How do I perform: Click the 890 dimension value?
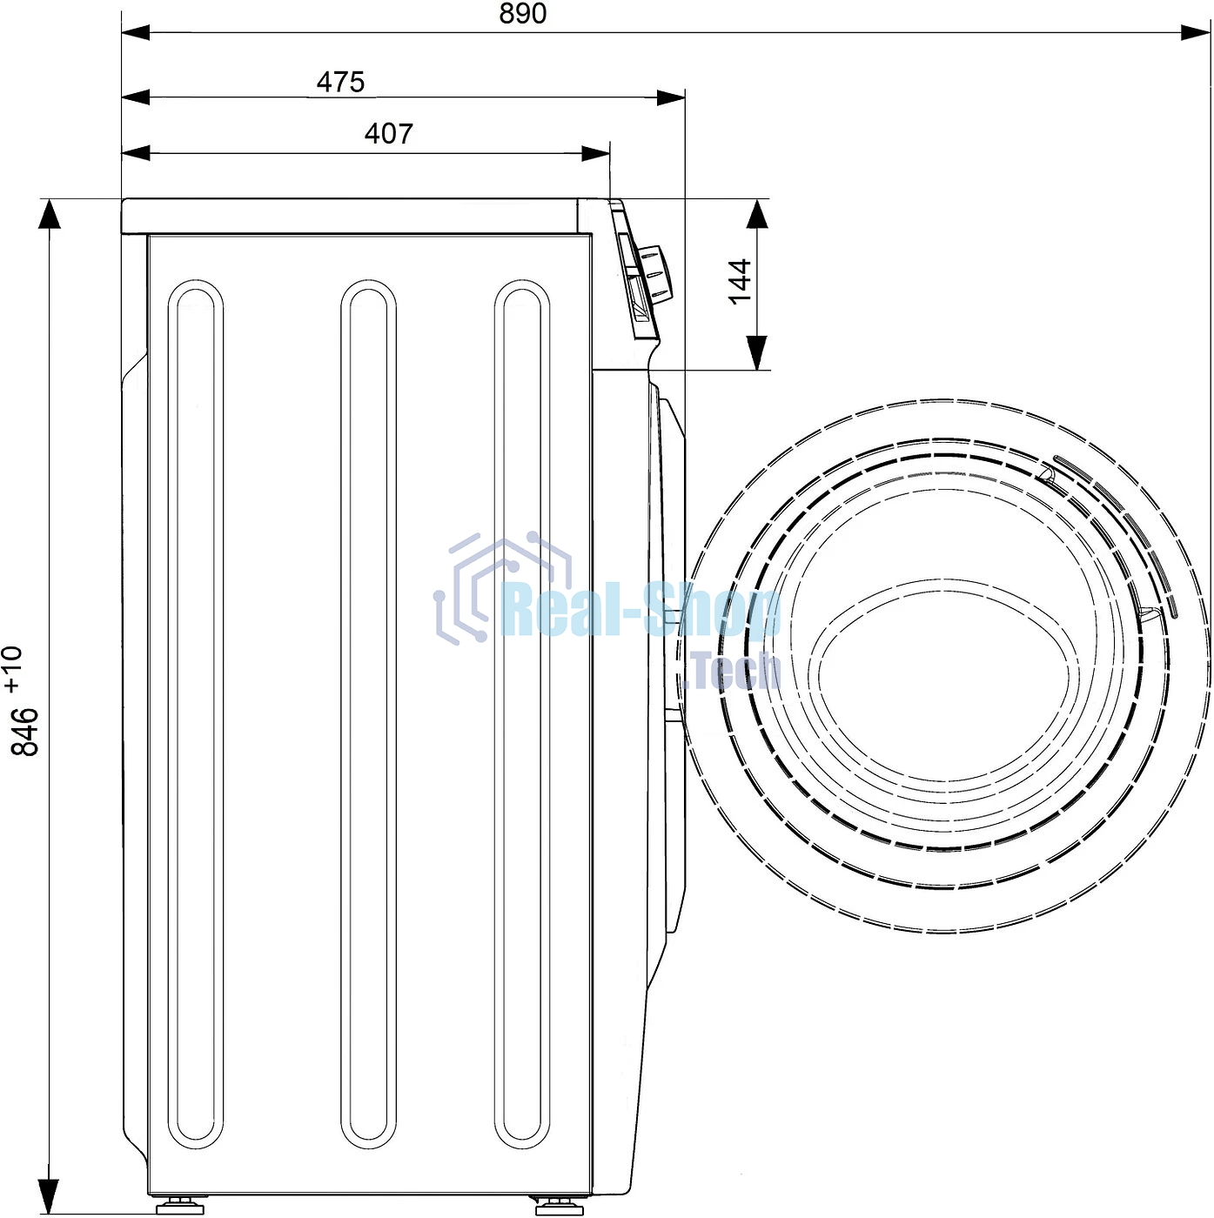522,13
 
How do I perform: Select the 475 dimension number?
341,82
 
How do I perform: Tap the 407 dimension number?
389,134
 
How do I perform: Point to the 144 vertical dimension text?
740,281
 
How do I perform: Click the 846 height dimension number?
25,732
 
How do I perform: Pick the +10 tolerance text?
13,670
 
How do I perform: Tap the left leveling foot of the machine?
180,1205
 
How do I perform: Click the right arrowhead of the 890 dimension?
1195,31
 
